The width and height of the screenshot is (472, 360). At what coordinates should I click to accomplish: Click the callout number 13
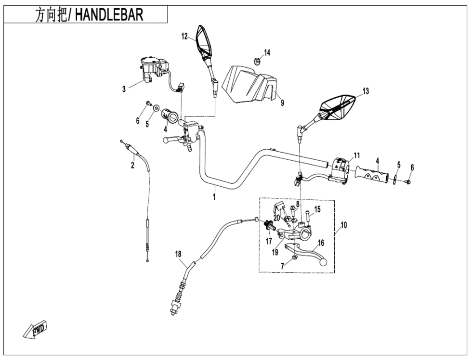tap(366, 91)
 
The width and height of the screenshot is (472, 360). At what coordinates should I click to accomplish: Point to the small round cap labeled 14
tap(257, 61)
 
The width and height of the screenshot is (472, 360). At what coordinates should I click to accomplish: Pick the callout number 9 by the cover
tap(282, 103)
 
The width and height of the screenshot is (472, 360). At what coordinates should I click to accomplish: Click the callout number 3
tap(124, 89)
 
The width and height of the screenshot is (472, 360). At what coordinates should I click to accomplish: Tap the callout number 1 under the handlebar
tap(214, 197)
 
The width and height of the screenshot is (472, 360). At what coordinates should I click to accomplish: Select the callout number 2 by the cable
tap(132, 166)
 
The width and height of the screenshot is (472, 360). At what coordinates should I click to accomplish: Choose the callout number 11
tap(356, 155)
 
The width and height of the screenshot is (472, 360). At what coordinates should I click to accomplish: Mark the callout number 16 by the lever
tap(321, 243)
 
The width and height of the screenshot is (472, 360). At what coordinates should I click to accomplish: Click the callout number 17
tap(269, 241)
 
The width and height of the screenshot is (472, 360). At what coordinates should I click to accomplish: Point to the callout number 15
tap(317, 209)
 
